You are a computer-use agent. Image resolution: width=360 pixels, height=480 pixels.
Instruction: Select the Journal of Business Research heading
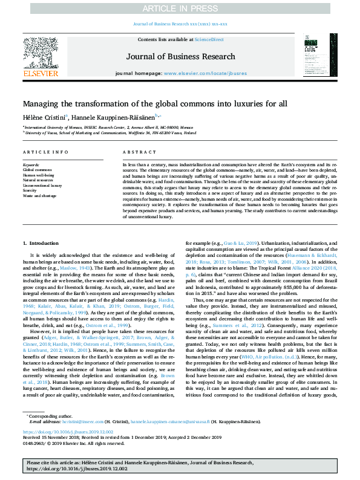tap(180, 57)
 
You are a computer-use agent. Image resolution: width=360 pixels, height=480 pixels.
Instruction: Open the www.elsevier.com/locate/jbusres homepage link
tap(205, 73)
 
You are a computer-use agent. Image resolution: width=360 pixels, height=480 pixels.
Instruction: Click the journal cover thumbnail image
tap(318, 55)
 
